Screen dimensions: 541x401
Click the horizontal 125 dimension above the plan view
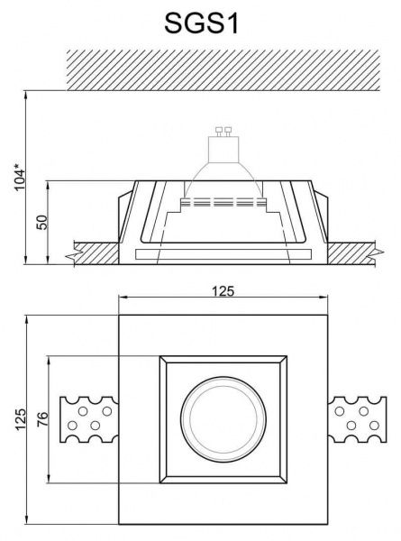223,290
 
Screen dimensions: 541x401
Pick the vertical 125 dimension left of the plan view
21,418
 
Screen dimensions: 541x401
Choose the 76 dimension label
42,419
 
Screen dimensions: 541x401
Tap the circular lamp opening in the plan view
223,419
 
